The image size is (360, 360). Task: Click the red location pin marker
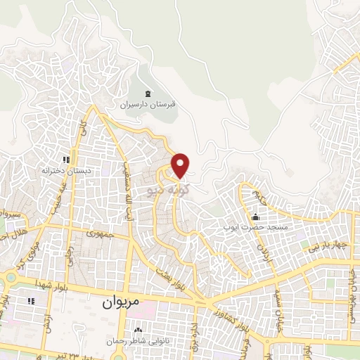click(x=181, y=165)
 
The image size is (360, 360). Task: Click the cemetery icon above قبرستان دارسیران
click(x=148, y=94)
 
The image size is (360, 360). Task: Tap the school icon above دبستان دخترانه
click(x=67, y=160)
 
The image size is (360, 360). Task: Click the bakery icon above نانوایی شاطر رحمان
click(x=139, y=330)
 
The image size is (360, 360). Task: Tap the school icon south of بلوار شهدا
click(x=31, y=301)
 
